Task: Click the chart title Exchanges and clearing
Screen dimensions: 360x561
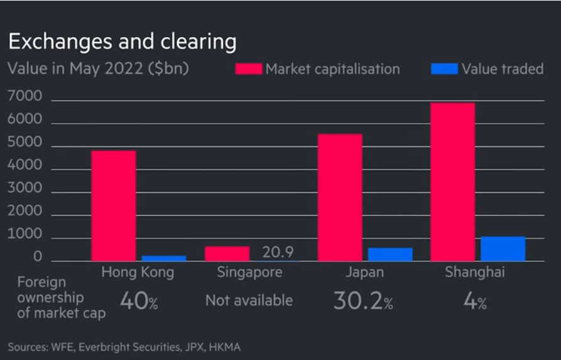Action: [122, 41]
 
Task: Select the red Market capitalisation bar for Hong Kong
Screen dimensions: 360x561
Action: [113, 205]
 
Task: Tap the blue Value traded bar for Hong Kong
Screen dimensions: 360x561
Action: [163, 258]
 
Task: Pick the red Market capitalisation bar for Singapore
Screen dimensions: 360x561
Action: [227, 253]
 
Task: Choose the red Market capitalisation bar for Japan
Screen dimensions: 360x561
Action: [340, 197]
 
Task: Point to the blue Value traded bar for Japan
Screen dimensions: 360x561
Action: [390, 254]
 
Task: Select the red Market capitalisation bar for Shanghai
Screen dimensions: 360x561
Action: [452, 182]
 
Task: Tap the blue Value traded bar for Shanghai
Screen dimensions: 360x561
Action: [503, 248]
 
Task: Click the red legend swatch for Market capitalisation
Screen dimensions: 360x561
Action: [248, 68]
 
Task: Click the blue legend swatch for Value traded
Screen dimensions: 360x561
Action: [444, 68]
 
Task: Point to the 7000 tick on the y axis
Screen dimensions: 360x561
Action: [25, 96]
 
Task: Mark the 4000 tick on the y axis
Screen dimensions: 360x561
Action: [25, 166]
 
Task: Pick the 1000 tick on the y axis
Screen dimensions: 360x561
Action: [25, 234]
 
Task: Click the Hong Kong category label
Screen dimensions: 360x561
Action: [138, 273]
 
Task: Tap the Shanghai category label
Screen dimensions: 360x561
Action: [474, 273]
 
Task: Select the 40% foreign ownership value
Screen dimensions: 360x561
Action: [138, 302]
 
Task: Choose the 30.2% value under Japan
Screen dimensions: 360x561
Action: [362, 302]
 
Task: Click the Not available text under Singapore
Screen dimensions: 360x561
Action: [249, 300]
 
